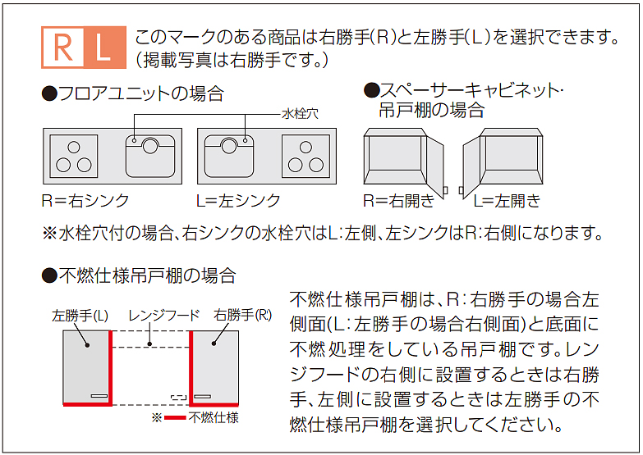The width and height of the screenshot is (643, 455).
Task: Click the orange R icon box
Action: pos(63,47)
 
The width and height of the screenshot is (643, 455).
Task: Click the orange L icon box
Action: pos(103,47)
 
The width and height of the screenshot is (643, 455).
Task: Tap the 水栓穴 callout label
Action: pos(300,114)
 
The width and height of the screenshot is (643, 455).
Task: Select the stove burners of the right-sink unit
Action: pos(76,155)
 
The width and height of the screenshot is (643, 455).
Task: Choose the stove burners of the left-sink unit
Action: pos(305,155)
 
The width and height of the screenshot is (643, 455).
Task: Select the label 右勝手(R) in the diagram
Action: pos(243,315)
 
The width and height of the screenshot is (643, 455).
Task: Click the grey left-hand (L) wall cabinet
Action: pos(85,366)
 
